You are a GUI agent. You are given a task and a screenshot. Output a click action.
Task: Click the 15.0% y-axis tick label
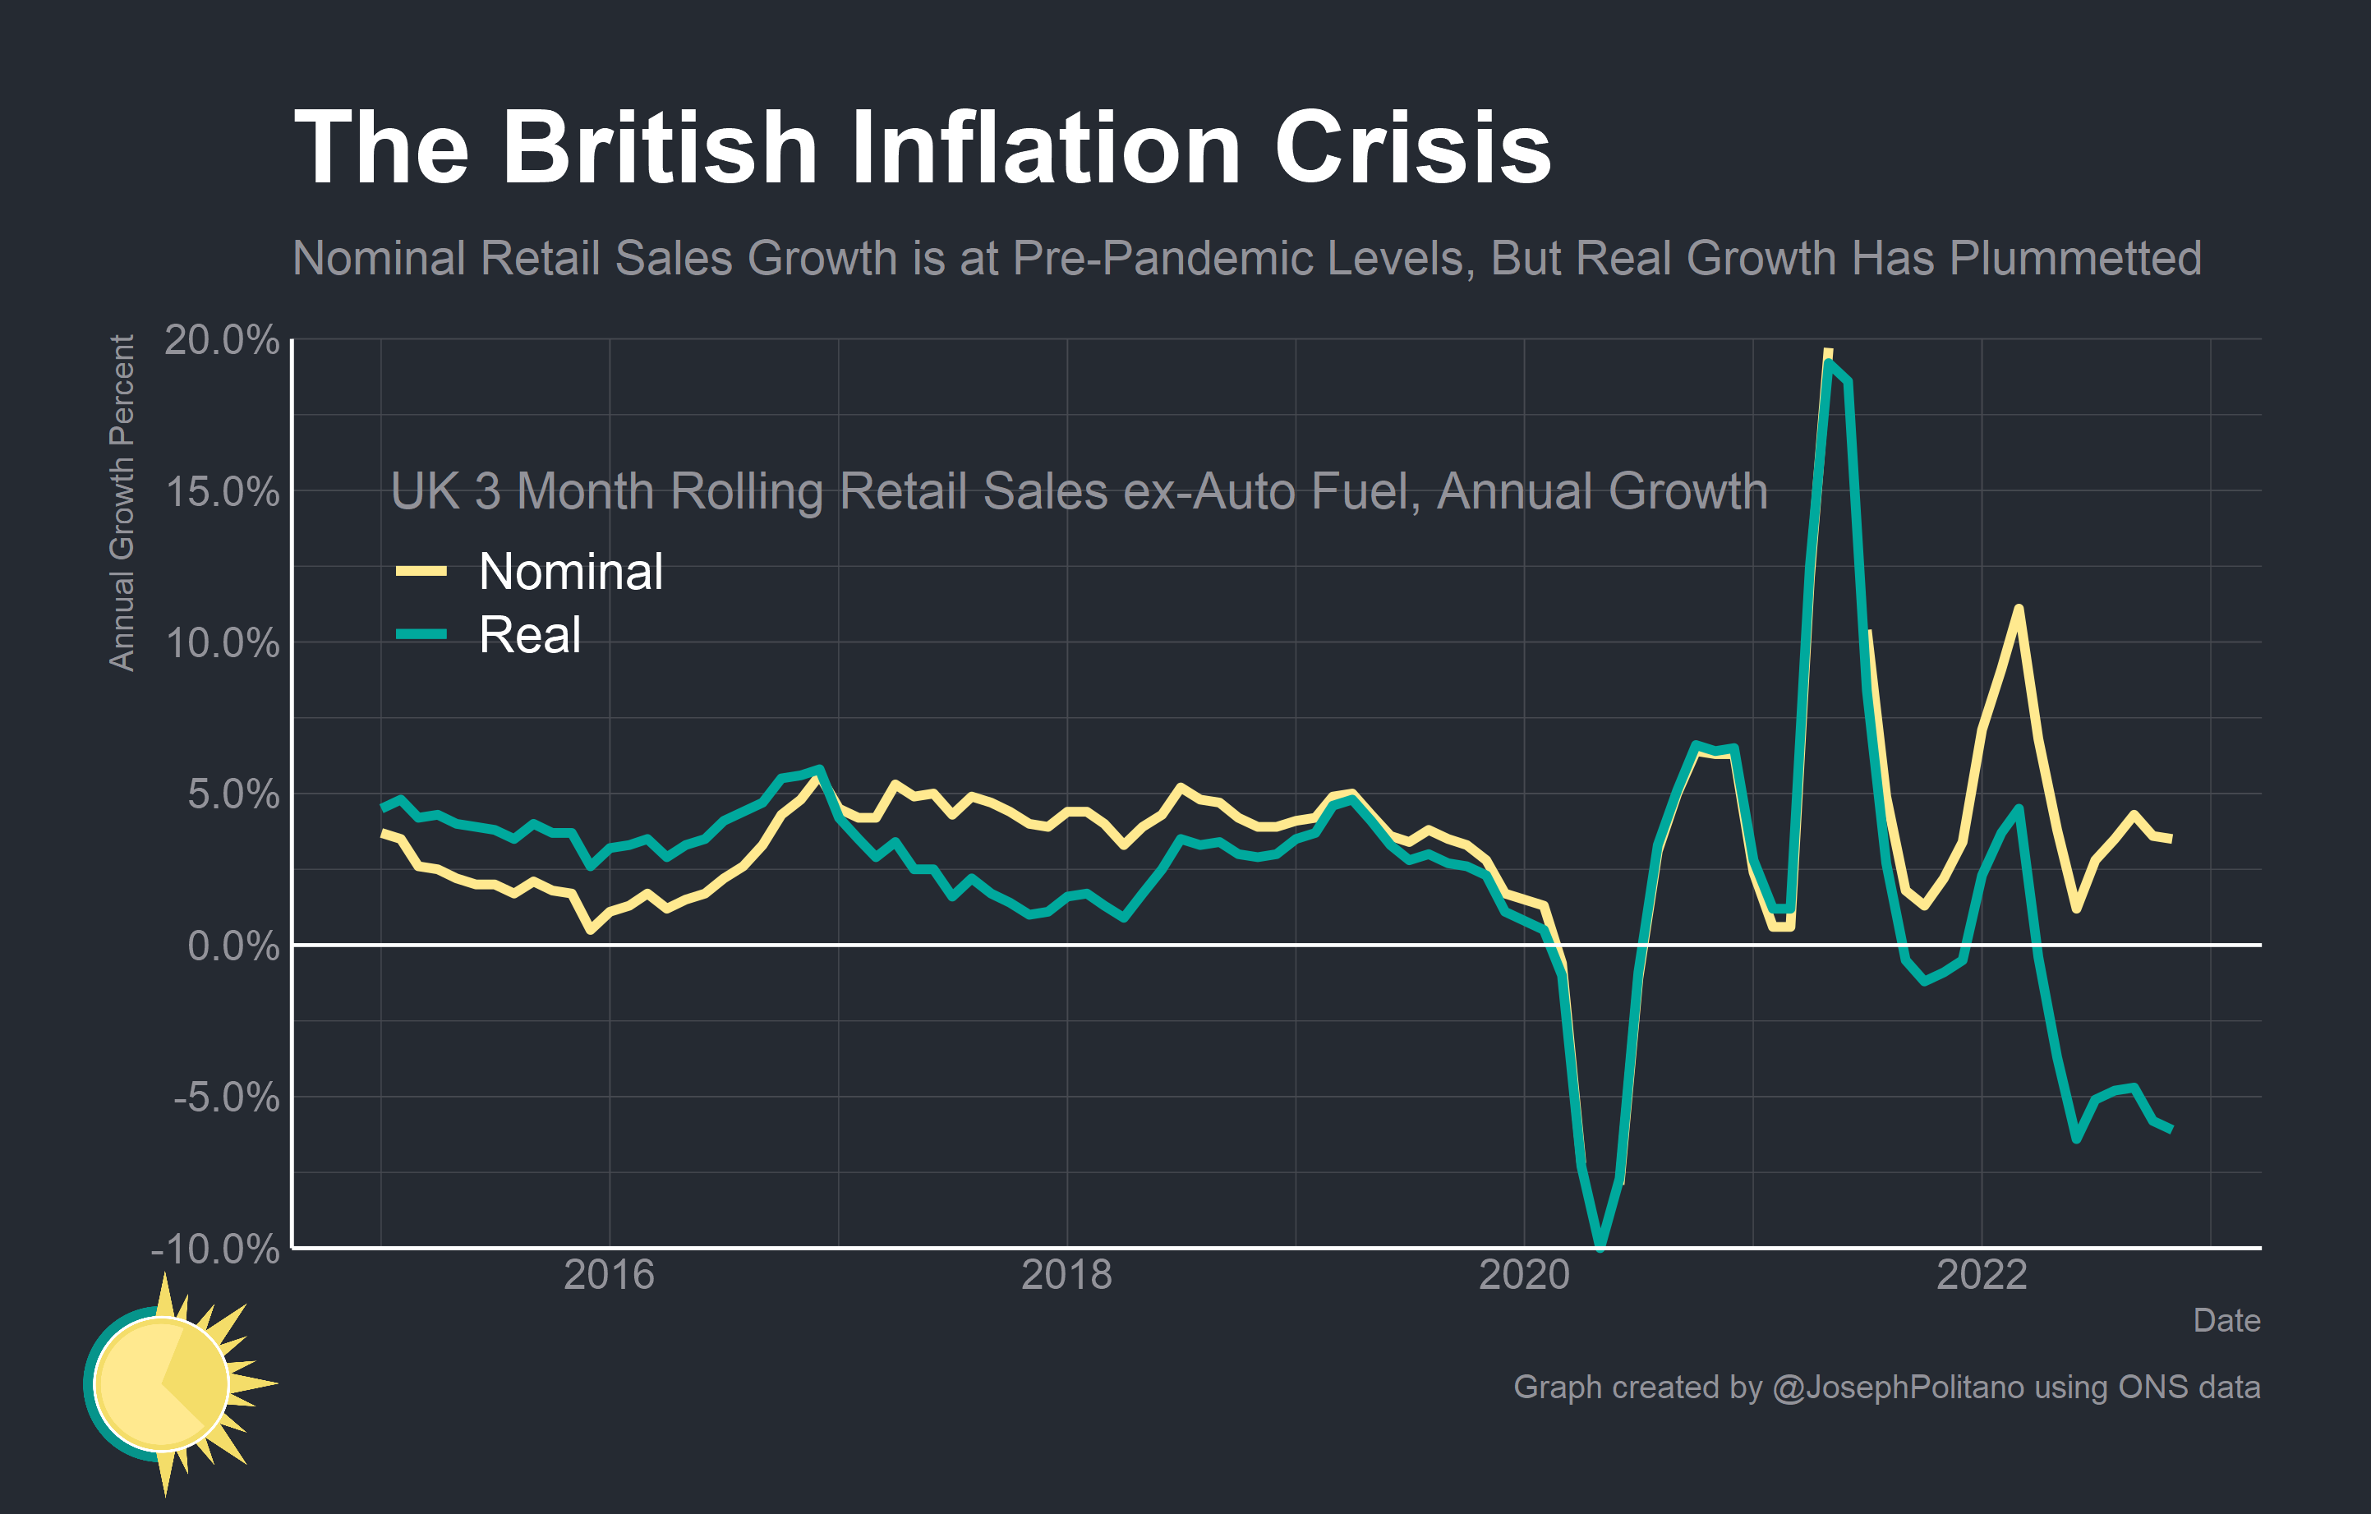222,491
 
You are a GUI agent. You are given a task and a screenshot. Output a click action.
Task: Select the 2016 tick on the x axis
609,1275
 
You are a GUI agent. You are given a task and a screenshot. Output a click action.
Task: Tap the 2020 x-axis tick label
1524,1275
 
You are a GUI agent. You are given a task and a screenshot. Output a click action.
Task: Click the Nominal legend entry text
570,571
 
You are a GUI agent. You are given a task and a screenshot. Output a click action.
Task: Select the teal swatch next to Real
421,634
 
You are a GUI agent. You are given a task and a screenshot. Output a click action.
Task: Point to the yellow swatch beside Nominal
421,571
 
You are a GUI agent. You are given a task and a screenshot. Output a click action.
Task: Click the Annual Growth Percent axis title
121,503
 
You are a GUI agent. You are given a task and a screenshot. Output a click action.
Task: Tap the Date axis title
2226,1320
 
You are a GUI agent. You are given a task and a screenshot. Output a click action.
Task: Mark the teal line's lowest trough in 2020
1600,1245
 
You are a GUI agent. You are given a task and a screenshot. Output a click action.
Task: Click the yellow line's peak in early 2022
2019,610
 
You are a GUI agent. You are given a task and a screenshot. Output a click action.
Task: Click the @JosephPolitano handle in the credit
1898,1387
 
